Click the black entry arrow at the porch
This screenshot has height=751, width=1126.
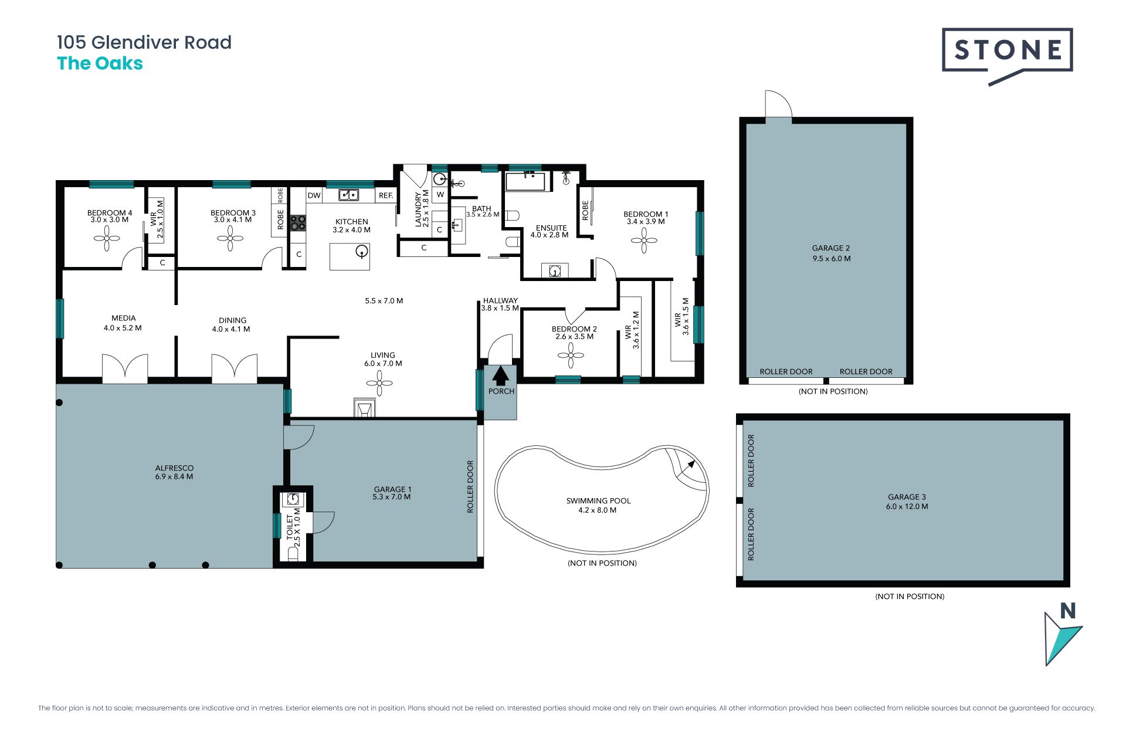(x=500, y=375)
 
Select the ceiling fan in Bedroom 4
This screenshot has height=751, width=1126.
(x=107, y=238)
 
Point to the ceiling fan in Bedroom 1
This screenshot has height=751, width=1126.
(x=644, y=241)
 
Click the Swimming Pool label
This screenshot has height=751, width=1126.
(x=598, y=505)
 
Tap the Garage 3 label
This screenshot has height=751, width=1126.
(x=907, y=502)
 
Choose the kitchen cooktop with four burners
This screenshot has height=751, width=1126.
(x=298, y=222)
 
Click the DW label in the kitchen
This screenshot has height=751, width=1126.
(x=314, y=195)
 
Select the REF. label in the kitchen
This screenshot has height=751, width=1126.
(x=386, y=195)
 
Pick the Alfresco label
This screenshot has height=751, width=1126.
(x=174, y=472)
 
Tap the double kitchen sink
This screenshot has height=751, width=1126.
(x=348, y=195)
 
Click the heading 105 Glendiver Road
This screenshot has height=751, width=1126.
(x=144, y=42)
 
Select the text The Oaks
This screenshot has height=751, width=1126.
(x=100, y=63)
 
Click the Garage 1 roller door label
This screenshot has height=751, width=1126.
(x=470, y=486)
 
